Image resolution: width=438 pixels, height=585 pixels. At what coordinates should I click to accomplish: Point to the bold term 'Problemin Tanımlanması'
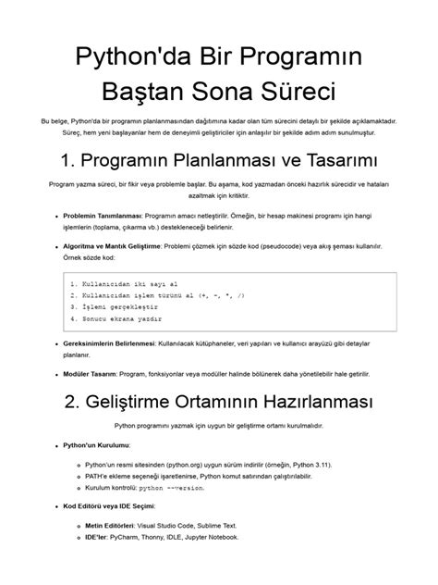pos(102,214)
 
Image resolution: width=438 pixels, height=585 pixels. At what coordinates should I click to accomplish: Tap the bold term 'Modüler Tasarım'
pos(91,374)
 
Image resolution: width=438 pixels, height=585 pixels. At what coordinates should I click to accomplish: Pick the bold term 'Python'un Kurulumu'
pos(96,446)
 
